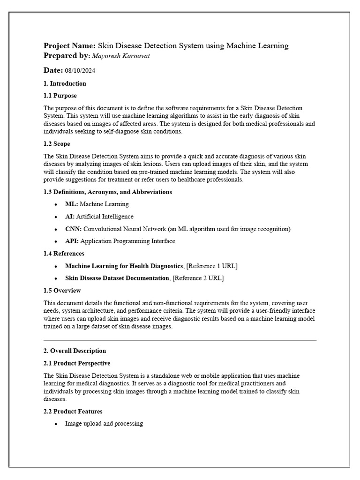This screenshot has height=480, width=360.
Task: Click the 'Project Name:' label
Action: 69,45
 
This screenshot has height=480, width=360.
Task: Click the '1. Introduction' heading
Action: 65,83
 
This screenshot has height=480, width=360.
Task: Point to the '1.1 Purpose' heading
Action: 60,96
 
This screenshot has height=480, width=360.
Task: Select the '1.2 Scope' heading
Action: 57,144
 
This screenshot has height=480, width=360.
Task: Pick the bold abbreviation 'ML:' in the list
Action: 71,204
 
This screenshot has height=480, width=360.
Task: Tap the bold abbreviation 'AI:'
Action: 70,217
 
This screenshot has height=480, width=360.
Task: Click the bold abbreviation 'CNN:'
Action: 73,229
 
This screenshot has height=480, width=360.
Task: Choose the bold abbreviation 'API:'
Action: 72,241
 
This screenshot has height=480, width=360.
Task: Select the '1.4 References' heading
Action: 64,254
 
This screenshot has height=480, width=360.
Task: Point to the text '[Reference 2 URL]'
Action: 198,278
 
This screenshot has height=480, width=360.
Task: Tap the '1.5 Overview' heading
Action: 62,291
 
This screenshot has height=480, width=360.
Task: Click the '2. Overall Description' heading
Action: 75,351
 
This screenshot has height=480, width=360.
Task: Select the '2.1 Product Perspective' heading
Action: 77,363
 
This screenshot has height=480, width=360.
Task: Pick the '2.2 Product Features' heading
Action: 73,412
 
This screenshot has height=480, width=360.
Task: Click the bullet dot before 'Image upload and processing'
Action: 56,424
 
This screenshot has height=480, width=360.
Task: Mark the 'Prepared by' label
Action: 66,56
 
